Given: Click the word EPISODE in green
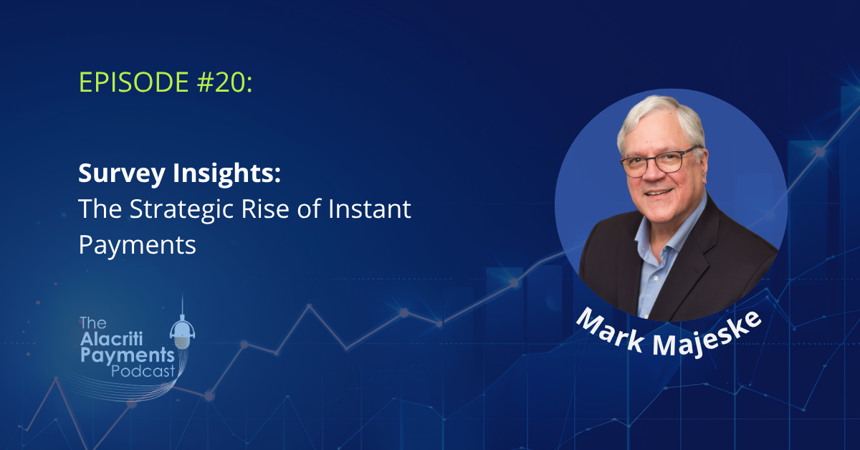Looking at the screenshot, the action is click(x=133, y=82).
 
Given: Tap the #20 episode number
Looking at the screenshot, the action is click(x=224, y=82).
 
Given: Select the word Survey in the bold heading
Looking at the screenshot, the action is click(x=122, y=173).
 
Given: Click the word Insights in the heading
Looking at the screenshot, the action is click(x=227, y=173).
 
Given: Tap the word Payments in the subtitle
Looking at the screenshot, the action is click(x=138, y=246).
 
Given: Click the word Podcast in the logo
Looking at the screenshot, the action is click(x=143, y=372).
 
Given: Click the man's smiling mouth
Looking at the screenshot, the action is click(x=659, y=192).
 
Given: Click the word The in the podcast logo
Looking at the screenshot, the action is click(x=93, y=323).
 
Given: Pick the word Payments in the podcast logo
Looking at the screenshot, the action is click(x=128, y=356).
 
